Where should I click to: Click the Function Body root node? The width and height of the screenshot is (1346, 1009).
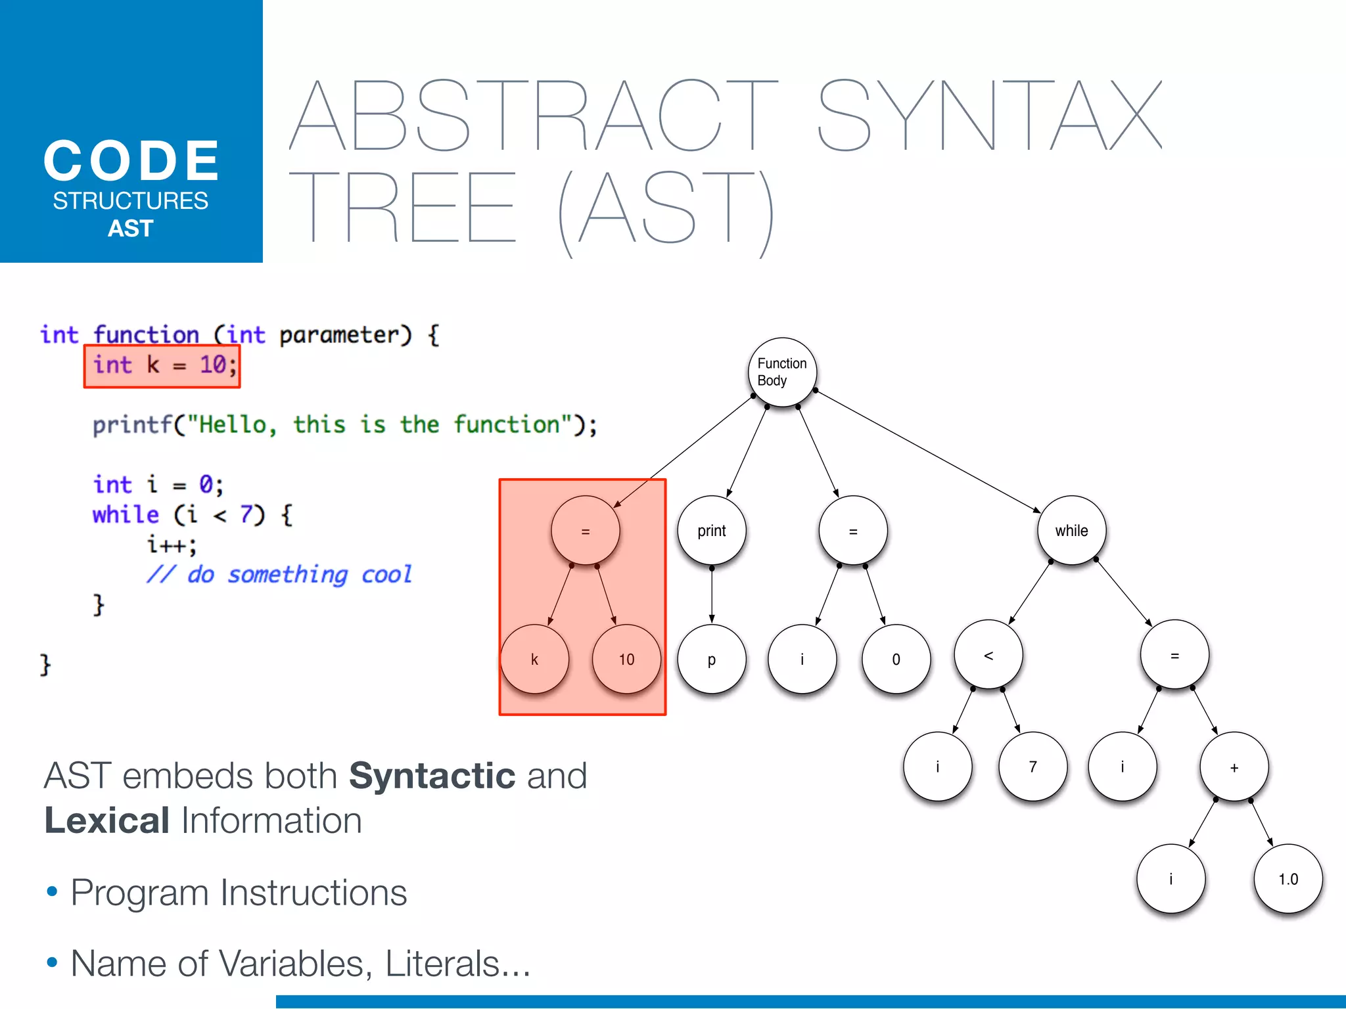[782, 372]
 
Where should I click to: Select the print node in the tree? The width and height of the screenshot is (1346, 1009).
[712, 531]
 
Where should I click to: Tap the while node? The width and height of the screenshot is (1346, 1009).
[1071, 531]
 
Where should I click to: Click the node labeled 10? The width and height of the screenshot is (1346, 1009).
[626, 659]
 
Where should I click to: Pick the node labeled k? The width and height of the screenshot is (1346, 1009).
[534, 659]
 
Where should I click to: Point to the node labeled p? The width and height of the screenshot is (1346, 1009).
[712, 659]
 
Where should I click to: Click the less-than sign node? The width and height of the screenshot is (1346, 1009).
[988, 655]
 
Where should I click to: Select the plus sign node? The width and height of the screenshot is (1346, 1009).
[1234, 767]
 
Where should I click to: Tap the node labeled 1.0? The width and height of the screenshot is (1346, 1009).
[1288, 879]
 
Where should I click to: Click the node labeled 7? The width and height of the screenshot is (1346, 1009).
[1033, 767]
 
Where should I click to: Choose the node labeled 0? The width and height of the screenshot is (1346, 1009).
[896, 659]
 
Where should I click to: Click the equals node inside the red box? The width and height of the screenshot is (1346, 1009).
[585, 531]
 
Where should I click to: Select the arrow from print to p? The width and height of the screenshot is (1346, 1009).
[712, 594]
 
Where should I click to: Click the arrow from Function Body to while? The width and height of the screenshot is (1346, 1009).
[927, 451]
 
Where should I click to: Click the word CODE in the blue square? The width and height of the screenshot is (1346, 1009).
[131, 161]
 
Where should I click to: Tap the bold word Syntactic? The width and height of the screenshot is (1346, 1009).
[432, 776]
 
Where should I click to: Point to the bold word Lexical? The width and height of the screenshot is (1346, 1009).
[107, 820]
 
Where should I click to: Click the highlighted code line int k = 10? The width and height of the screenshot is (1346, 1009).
[162, 366]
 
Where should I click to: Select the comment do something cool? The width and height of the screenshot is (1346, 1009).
[279, 575]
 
